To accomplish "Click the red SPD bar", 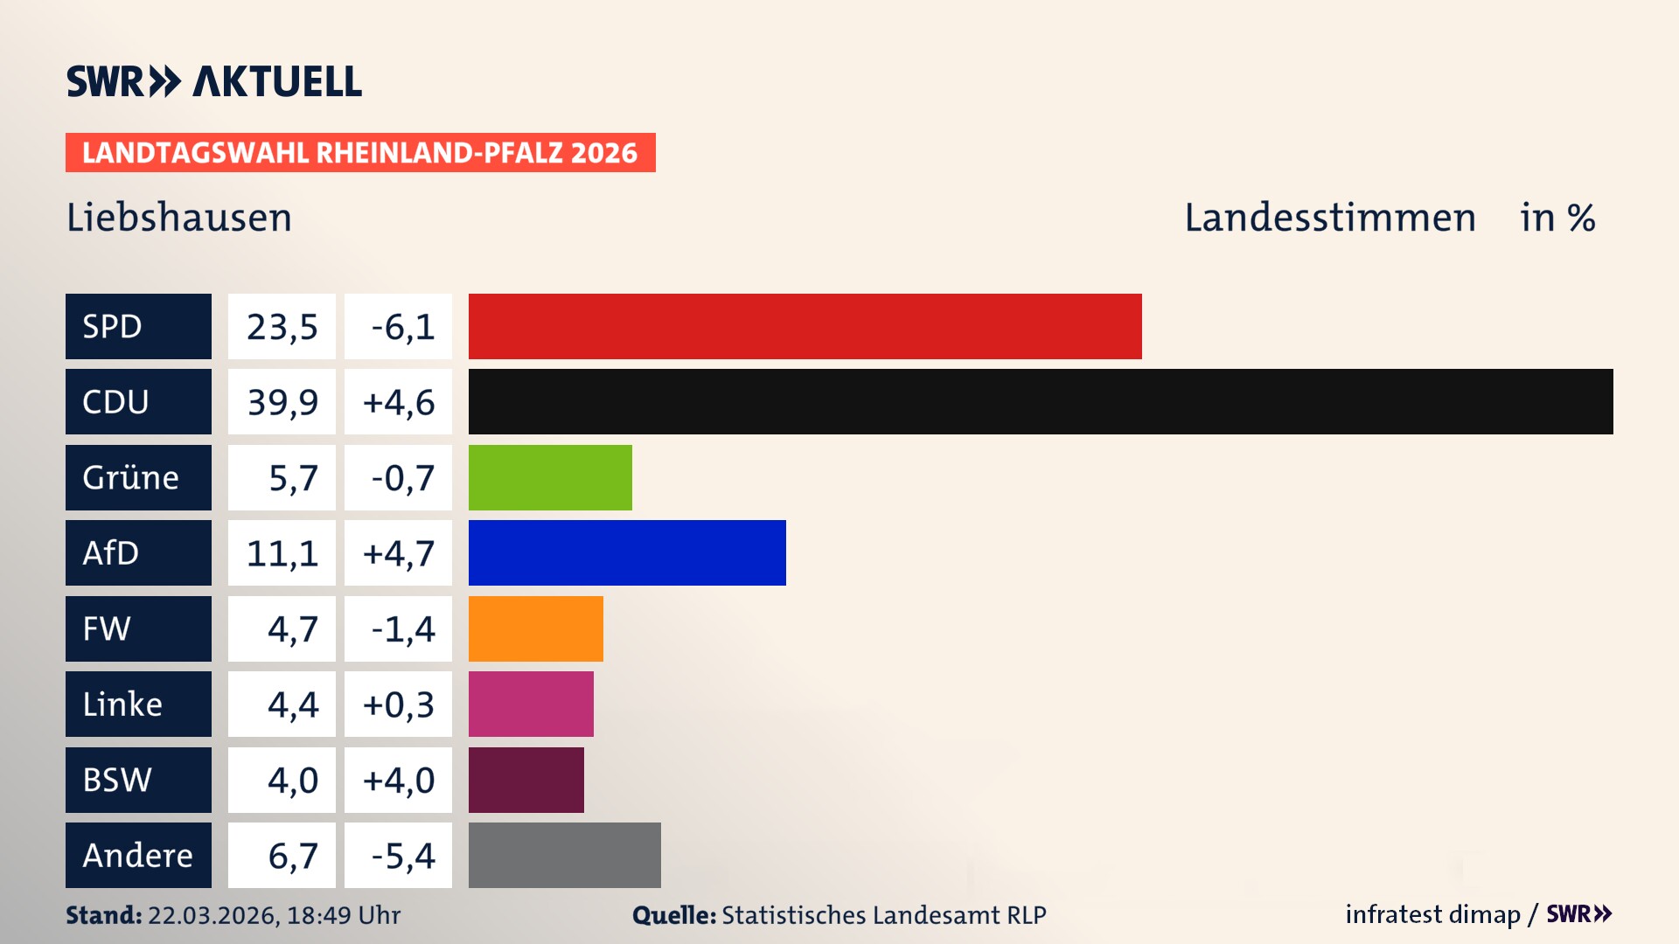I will click(x=805, y=326).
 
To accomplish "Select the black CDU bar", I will click(x=1041, y=401).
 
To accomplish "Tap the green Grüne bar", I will click(x=550, y=477).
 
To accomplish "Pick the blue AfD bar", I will click(x=627, y=552).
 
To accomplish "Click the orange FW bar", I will click(x=535, y=628).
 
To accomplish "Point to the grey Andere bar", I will click(x=564, y=855).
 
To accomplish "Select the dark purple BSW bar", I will click(x=526, y=780).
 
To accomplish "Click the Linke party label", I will click(x=122, y=704).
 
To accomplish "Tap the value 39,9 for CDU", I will click(x=282, y=402).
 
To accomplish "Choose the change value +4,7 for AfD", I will click(x=398, y=553).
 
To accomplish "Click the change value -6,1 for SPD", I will click(x=402, y=327).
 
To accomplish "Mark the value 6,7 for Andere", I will click(x=292, y=856).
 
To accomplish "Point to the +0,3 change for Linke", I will click(x=398, y=705).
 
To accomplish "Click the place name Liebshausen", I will click(x=179, y=217).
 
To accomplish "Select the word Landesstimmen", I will click(x=1329, y=217).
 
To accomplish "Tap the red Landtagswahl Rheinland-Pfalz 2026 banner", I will click(x=359, y=152).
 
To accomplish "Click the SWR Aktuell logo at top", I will click(x=214, y=81).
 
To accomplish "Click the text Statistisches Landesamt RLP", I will click(x=883, y=915).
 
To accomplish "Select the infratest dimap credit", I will click(x=1432, y=914).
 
